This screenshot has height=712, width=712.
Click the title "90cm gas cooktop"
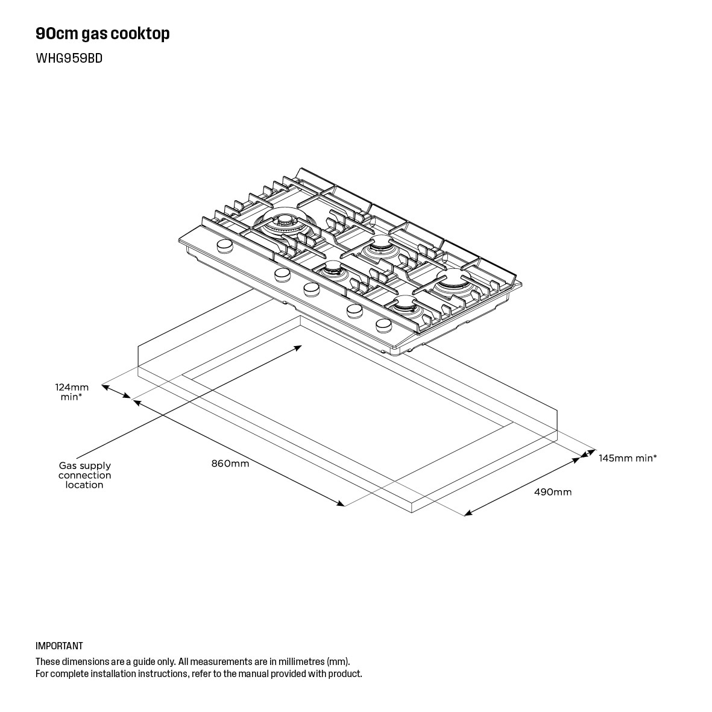pos(102,34)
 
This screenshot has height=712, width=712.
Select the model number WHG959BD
pos(69,58)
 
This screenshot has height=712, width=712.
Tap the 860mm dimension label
pos(230,464)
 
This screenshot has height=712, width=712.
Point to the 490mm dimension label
pos(552,492)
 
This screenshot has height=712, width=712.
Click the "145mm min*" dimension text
pos(627,458)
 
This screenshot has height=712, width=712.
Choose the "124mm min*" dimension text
pos(72,392)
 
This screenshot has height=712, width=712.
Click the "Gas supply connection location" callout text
pos(84,475)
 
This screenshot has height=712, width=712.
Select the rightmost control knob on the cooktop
pos(383,326)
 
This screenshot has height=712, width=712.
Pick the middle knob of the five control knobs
pos(311,289)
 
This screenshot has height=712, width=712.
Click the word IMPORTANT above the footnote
pos(59,646)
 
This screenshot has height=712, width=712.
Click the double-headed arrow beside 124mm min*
pos(116,391)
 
